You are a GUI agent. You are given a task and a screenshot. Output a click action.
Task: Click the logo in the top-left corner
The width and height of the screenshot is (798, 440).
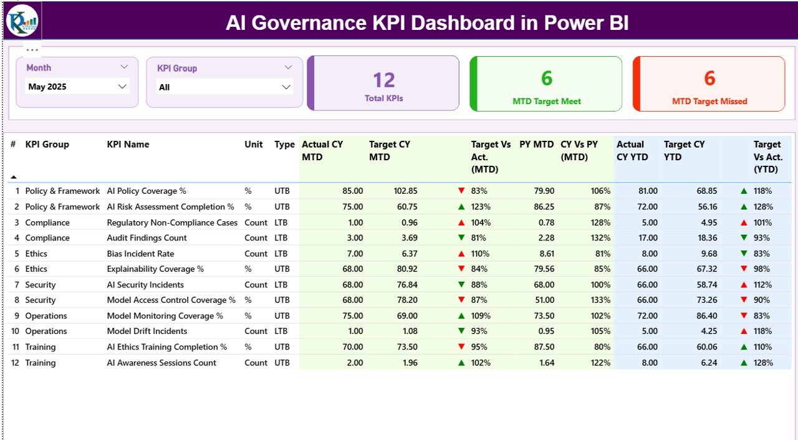click(22, 21)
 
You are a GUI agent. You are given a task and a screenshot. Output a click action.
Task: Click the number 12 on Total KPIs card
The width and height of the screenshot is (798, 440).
click(384, 80)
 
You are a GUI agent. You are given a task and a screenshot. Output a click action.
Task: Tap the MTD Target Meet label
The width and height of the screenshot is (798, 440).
click(546, 101)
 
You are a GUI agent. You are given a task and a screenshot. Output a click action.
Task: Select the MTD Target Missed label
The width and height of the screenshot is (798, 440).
click(709, 101)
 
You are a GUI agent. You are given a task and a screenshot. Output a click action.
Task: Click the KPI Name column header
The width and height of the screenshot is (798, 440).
click(128, 144)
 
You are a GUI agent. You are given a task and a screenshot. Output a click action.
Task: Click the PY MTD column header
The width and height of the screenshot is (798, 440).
click(536, 144)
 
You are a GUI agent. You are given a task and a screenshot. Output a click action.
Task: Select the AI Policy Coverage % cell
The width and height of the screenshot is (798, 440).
click(147, 191)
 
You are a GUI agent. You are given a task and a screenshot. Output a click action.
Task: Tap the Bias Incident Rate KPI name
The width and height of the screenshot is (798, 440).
click(140, 254)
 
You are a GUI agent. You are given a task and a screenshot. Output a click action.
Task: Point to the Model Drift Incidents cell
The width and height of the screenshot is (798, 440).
click(147, 331)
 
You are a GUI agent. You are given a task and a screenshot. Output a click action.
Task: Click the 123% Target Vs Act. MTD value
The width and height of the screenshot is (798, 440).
click(481, 206)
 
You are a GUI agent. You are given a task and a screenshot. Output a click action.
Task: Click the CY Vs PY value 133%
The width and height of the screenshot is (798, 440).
click(601, 300)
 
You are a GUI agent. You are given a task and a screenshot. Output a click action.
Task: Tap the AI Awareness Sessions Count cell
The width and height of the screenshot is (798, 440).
click(161, 363)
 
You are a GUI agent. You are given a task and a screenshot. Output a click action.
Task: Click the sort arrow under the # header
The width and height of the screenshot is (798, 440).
click(14, 177)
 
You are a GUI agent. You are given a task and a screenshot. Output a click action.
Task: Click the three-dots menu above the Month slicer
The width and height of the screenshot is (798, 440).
click(32, 50)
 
